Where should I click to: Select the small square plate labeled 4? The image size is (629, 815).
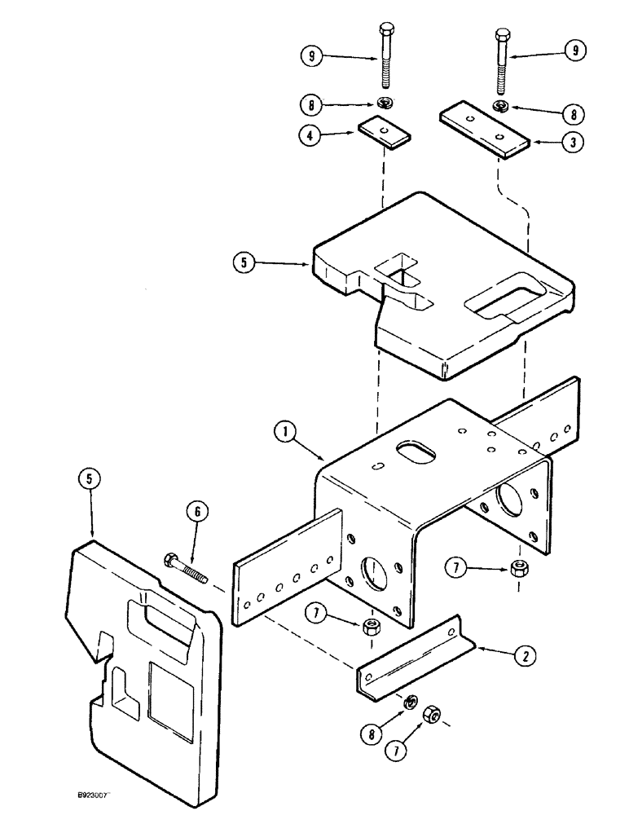pyautogui.click(x=385, y=131)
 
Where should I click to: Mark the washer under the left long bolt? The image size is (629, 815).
pyautogui.click(x=385, y=104)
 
